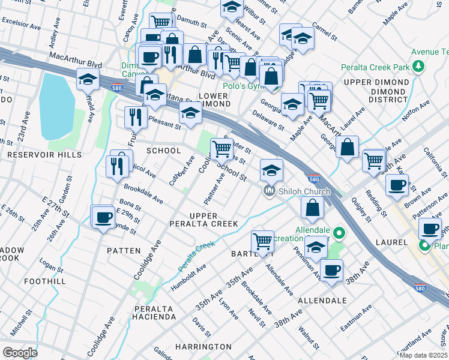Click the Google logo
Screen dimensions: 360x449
pos(20,352)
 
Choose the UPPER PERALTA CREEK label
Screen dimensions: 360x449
pos(214,220)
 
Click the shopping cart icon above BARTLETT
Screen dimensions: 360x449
pos(263,241)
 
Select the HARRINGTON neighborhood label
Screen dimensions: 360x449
pos(203,347)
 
